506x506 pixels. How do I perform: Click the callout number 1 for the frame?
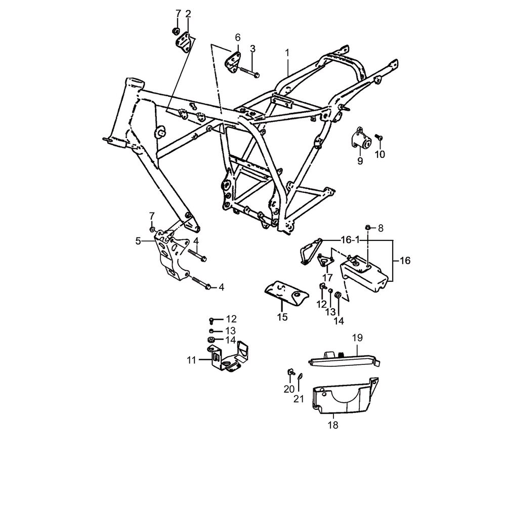[x=287, y=53]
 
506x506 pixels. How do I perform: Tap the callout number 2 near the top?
[x=188, y=14]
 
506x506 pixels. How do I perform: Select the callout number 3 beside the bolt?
[x=252, y=49]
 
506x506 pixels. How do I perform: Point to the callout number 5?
[x=138, y=241]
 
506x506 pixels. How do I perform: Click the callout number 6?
[x=237, y=38]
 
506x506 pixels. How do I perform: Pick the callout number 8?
[x=381, y=229]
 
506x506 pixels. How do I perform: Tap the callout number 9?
[x=360, y=161]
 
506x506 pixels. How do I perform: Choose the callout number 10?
[x=380, y=154]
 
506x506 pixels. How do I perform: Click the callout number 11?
[x=192, y=360]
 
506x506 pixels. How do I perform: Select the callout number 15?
[x=282, y=317]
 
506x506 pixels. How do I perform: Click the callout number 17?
[x=327, y=277]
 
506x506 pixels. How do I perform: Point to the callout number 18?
[x=333, y=426]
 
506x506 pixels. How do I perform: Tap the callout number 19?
[x=358, y=338]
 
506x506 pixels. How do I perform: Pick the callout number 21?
[x=299, y=399]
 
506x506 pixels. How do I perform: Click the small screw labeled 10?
[x=380, y=138]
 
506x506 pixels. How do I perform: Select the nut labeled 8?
[x=367, y=228]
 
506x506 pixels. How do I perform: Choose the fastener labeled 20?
[x=290, y=372]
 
